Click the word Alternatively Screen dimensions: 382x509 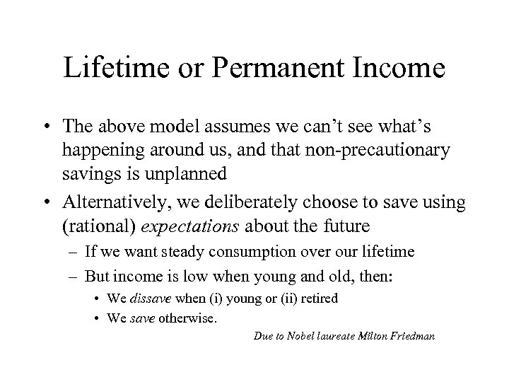click(x=114, y=202)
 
